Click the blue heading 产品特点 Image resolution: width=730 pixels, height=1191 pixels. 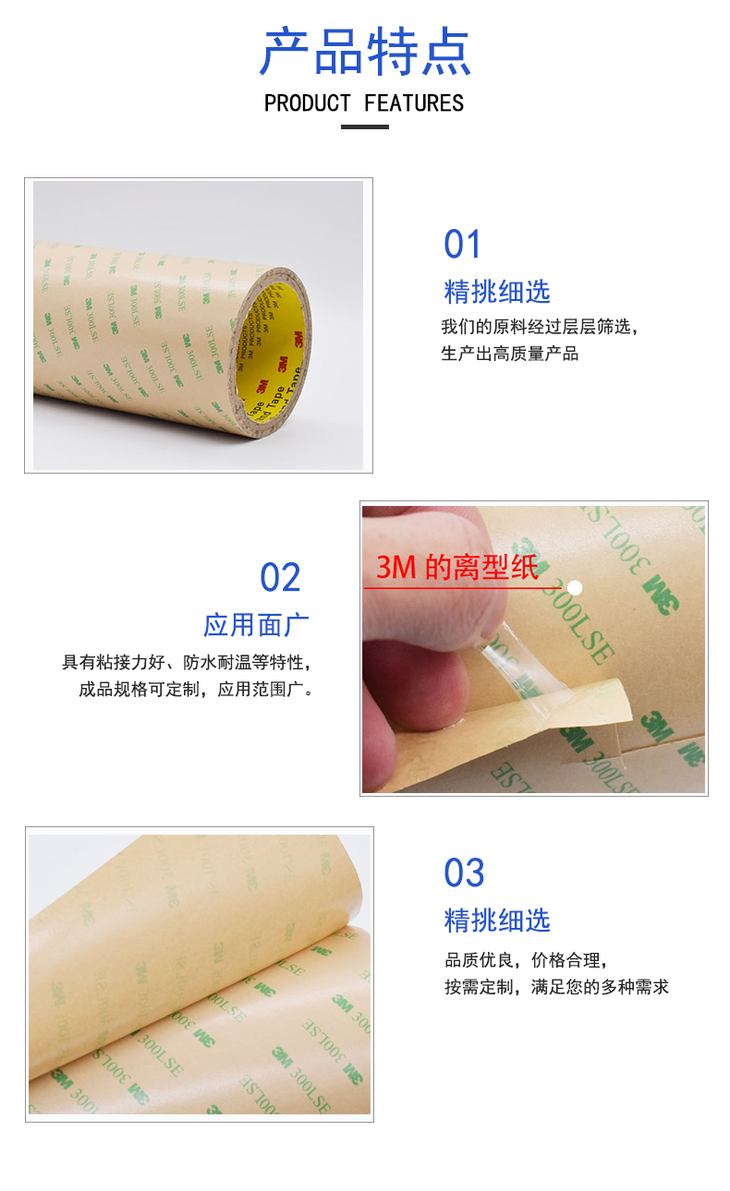pyautogui.click(x=365, y=52)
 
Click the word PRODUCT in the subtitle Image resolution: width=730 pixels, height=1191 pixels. pyautogui.click(x=308, y=103)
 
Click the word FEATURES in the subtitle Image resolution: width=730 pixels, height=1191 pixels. pyautogui.click(x=414, y=103)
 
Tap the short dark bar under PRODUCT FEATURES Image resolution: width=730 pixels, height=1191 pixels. pyautogui.click(x=365, y=126)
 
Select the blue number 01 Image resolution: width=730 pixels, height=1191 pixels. pyautogui.click(x=463, y=245)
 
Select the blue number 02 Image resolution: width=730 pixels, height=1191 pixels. pyautogui.click(x=280, y=578)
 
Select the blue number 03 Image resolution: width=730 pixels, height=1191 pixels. pyautogui.click(x=464, y=873)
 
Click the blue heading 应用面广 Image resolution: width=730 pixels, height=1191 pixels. pyautogui.click(x=256, y=625)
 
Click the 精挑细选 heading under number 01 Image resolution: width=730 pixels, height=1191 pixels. pyautogui.click(x=497, y=292)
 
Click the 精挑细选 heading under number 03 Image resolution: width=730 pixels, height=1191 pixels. pyautogui.click(x=497, y=920)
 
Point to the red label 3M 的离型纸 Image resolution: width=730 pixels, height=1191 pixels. pyautogui.click(x=456, y=568)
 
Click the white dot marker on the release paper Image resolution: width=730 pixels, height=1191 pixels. pyautogui.click(x=574, y=587)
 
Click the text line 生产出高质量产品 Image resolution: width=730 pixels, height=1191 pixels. pyautogui.click(x=510, y=354)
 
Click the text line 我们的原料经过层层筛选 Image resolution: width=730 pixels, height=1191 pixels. pyautogui.click(x=540, y=327)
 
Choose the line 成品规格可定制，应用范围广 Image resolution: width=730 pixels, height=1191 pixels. pyautogui.click(x=196, y=690)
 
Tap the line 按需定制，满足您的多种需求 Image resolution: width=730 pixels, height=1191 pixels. pyautogui.click(x=556, y=987)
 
